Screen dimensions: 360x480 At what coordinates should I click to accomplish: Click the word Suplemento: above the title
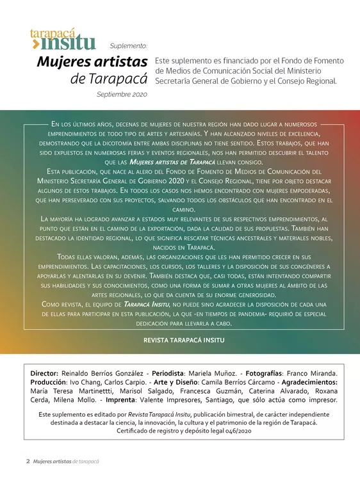[x=128, y=46]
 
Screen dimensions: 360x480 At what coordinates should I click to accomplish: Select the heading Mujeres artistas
[x=92, y=62]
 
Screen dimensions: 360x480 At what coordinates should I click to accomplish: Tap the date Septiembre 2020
[x=122, y=94]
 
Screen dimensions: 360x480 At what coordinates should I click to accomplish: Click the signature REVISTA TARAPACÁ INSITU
[x=179, y=341]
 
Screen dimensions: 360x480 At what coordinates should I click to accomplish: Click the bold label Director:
[x=45, y=373]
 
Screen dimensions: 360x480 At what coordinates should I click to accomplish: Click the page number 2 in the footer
[x=28, y=461]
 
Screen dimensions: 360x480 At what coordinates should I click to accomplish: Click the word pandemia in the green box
[x=229, y=314]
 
